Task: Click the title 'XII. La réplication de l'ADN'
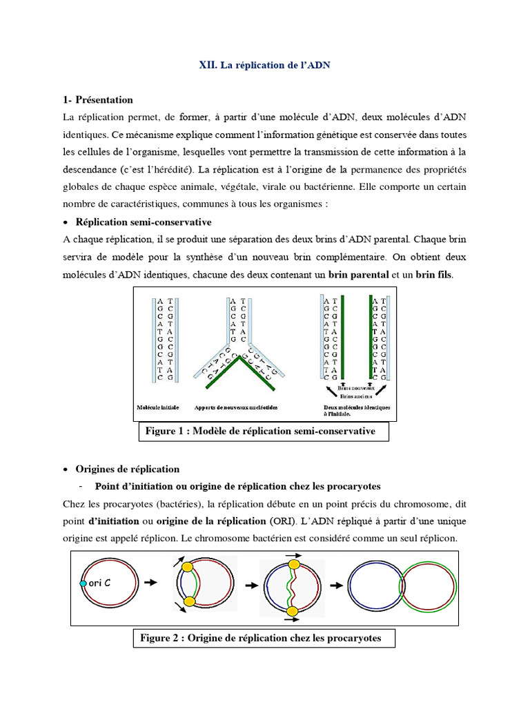pos(265,64)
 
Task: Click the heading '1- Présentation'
pos(98,100)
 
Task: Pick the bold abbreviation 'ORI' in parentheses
pos(281,521)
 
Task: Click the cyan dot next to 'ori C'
pos(84,583)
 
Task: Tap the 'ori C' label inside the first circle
pos(101,583)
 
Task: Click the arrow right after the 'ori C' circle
pos(149,583)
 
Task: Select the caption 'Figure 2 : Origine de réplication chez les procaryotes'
pos(265,639)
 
